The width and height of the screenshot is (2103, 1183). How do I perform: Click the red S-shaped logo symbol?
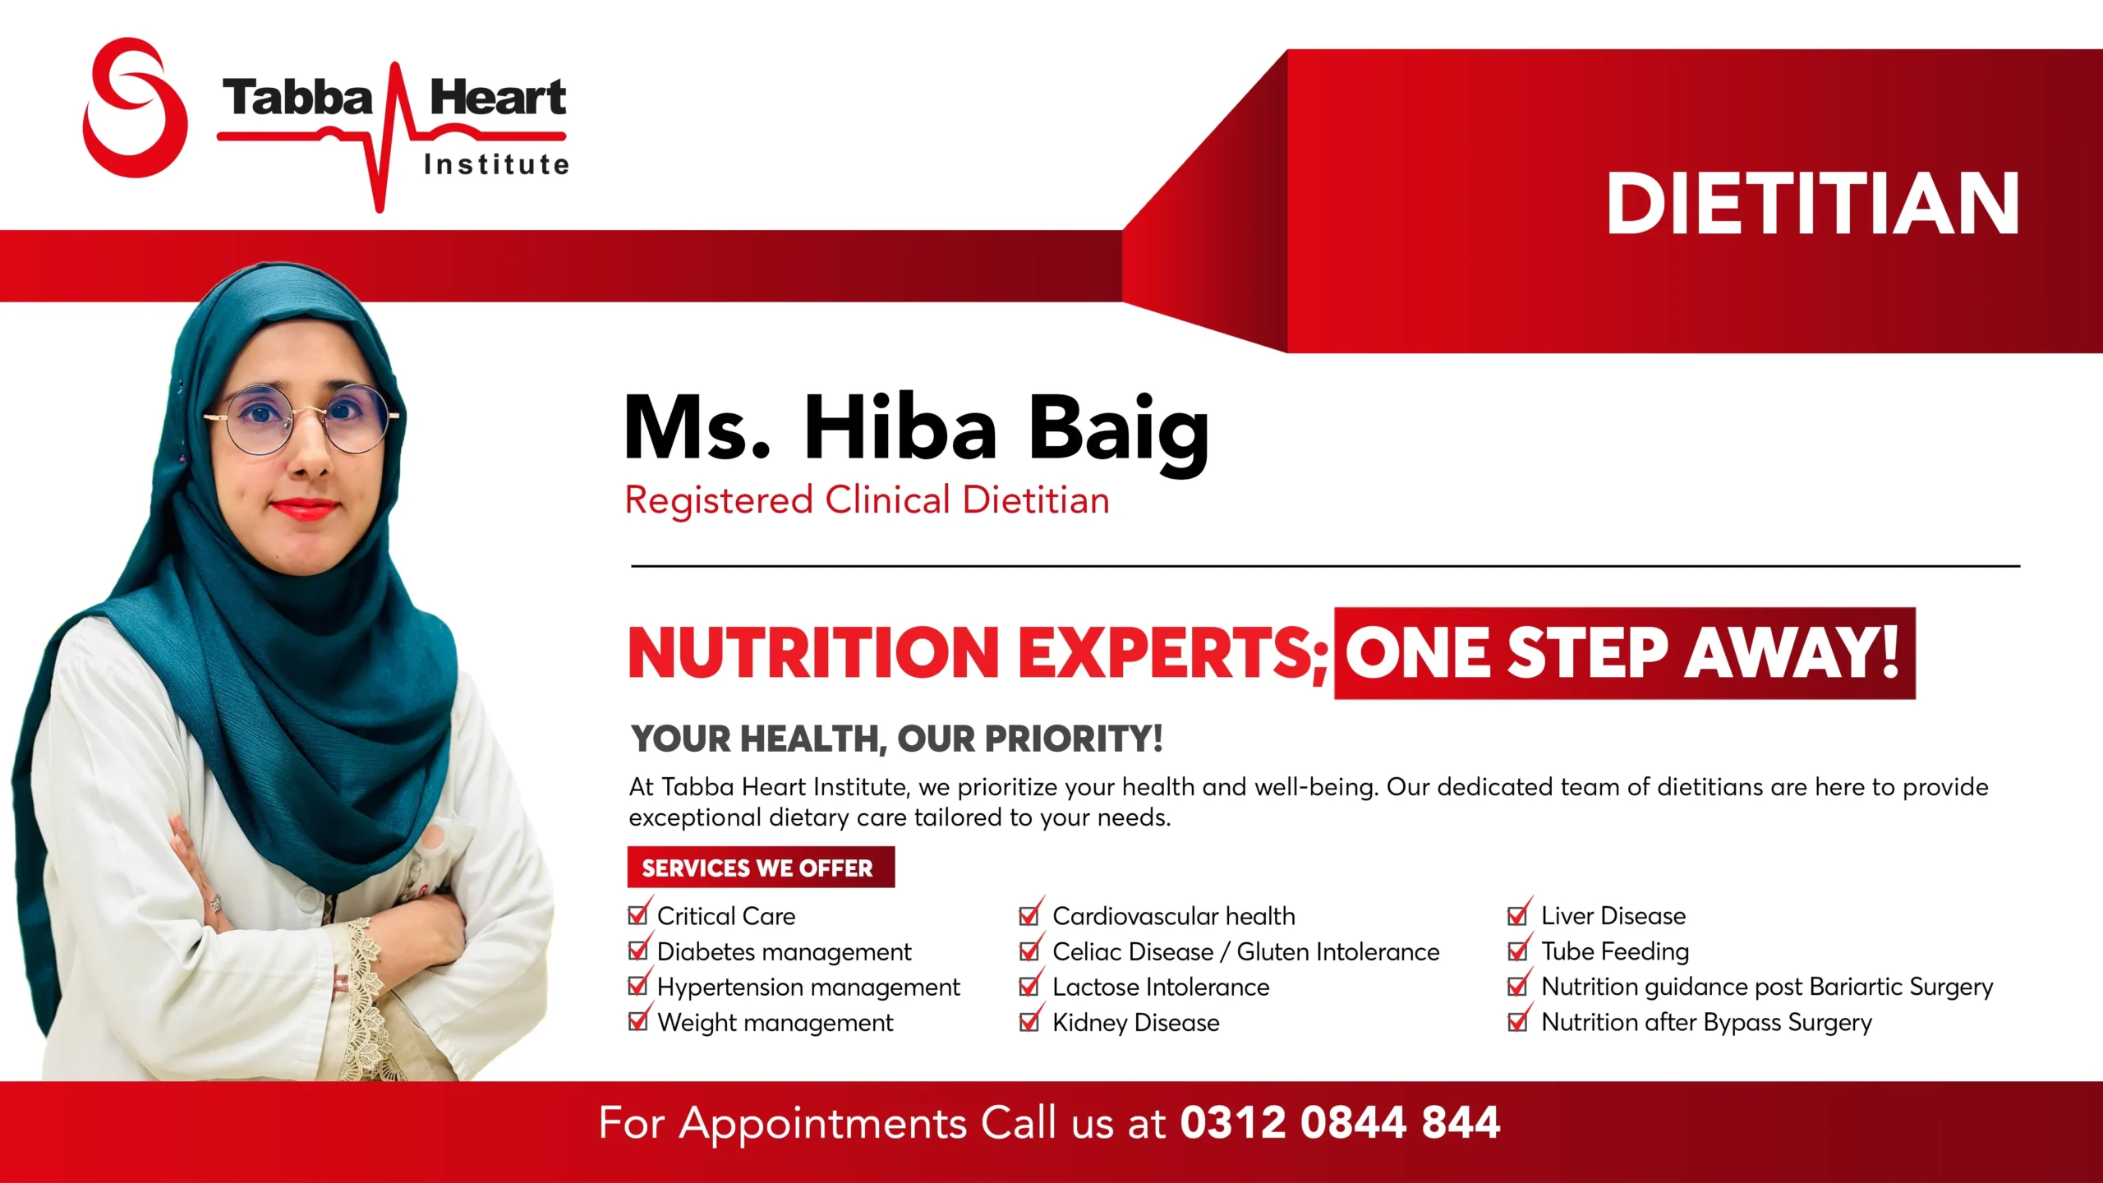[x=136, y=107]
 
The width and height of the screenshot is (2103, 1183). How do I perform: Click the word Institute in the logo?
[x=497, y=164]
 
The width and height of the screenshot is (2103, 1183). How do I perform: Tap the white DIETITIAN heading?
[x=1812, y=204]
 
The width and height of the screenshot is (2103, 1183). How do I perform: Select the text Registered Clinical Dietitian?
[x=867, y=499]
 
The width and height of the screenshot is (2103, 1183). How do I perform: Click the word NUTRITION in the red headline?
[x=813, y=652]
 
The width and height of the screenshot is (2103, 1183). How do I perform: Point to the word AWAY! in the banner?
[x=1792, y=652]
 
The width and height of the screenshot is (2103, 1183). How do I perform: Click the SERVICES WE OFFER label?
[x=757, y=868]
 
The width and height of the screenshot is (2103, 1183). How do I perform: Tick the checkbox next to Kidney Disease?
[x=1029, y=1020]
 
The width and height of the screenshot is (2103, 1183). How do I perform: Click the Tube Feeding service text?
[x=1615, y=951]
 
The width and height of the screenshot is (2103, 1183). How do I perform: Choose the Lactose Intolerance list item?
[x=1161, y=987]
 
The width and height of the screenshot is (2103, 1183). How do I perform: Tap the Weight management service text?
[x=775, y=1023]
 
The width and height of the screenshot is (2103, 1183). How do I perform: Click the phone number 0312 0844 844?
[x=1340, y=1123]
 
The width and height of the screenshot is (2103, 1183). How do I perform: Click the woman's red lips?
[x=305, y=509]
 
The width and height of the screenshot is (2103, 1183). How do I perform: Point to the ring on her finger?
[x=216, y=903]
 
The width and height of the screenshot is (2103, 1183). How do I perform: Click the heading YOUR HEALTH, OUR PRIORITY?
[x=896, y=739]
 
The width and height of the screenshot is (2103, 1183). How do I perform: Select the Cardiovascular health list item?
[x=1174, y=916]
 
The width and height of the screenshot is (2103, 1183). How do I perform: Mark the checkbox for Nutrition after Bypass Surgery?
[x=1518, y=1020]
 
